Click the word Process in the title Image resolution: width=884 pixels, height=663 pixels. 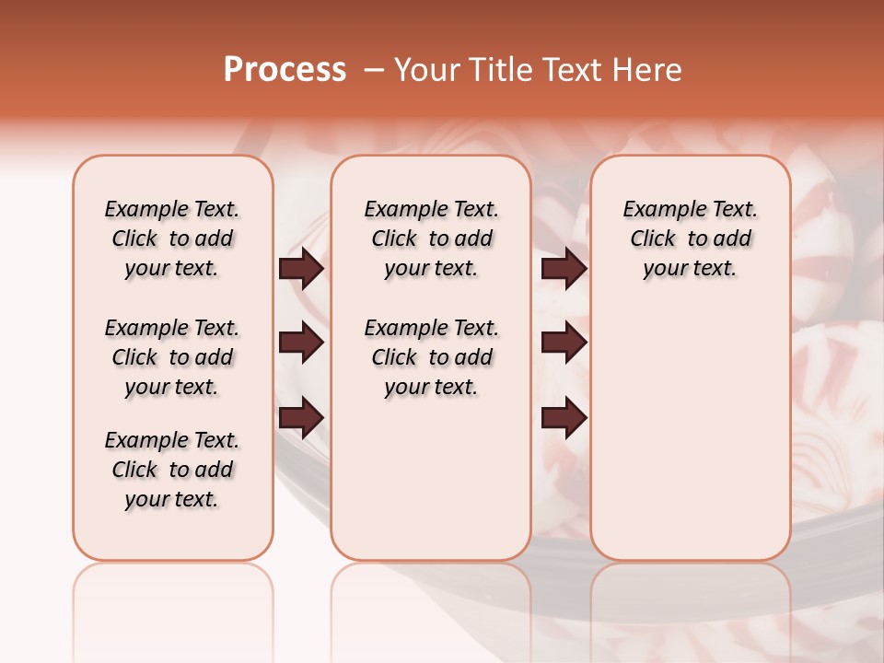(x=284, y=70)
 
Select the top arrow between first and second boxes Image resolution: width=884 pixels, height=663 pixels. (x=301, y=268)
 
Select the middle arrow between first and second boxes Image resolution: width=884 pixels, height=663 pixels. (x=301, y=343)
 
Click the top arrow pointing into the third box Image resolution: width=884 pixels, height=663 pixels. (x=564, y=268)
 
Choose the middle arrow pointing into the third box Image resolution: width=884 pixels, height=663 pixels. (x=564, y=343)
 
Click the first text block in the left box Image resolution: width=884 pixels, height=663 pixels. (x=172, y=238)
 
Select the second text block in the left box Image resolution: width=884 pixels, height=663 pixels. (x=172, y=357)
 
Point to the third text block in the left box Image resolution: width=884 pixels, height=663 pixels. (x=172, y=470)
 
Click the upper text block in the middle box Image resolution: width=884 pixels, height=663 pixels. (x=431, y=238)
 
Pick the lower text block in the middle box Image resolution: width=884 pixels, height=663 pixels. (x=431, y=357)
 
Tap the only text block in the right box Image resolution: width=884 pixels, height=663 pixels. (x=690, y=238)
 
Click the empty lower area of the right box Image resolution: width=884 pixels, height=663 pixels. (x=690, y=433)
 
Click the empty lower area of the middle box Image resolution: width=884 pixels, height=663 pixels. (x=431, y=479)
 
